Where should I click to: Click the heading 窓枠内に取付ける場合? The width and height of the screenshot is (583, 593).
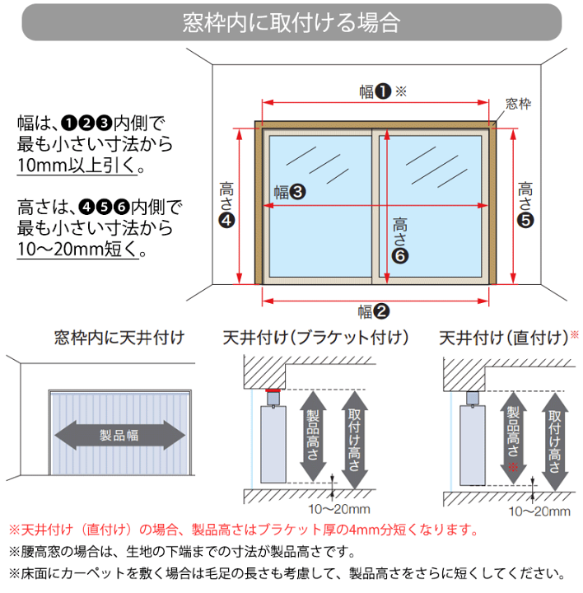click(x=291, y=22)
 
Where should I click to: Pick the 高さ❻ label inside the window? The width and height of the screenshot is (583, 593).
click(x=400, y=239)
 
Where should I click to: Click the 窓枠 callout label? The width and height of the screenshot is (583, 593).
click(x=518, y=104)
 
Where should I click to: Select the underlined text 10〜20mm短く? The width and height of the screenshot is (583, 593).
click(x=81, y=248)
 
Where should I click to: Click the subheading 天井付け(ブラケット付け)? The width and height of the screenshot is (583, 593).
click(x=316, y=338)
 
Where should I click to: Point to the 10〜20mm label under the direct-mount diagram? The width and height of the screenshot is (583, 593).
click(x=539, y=511)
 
